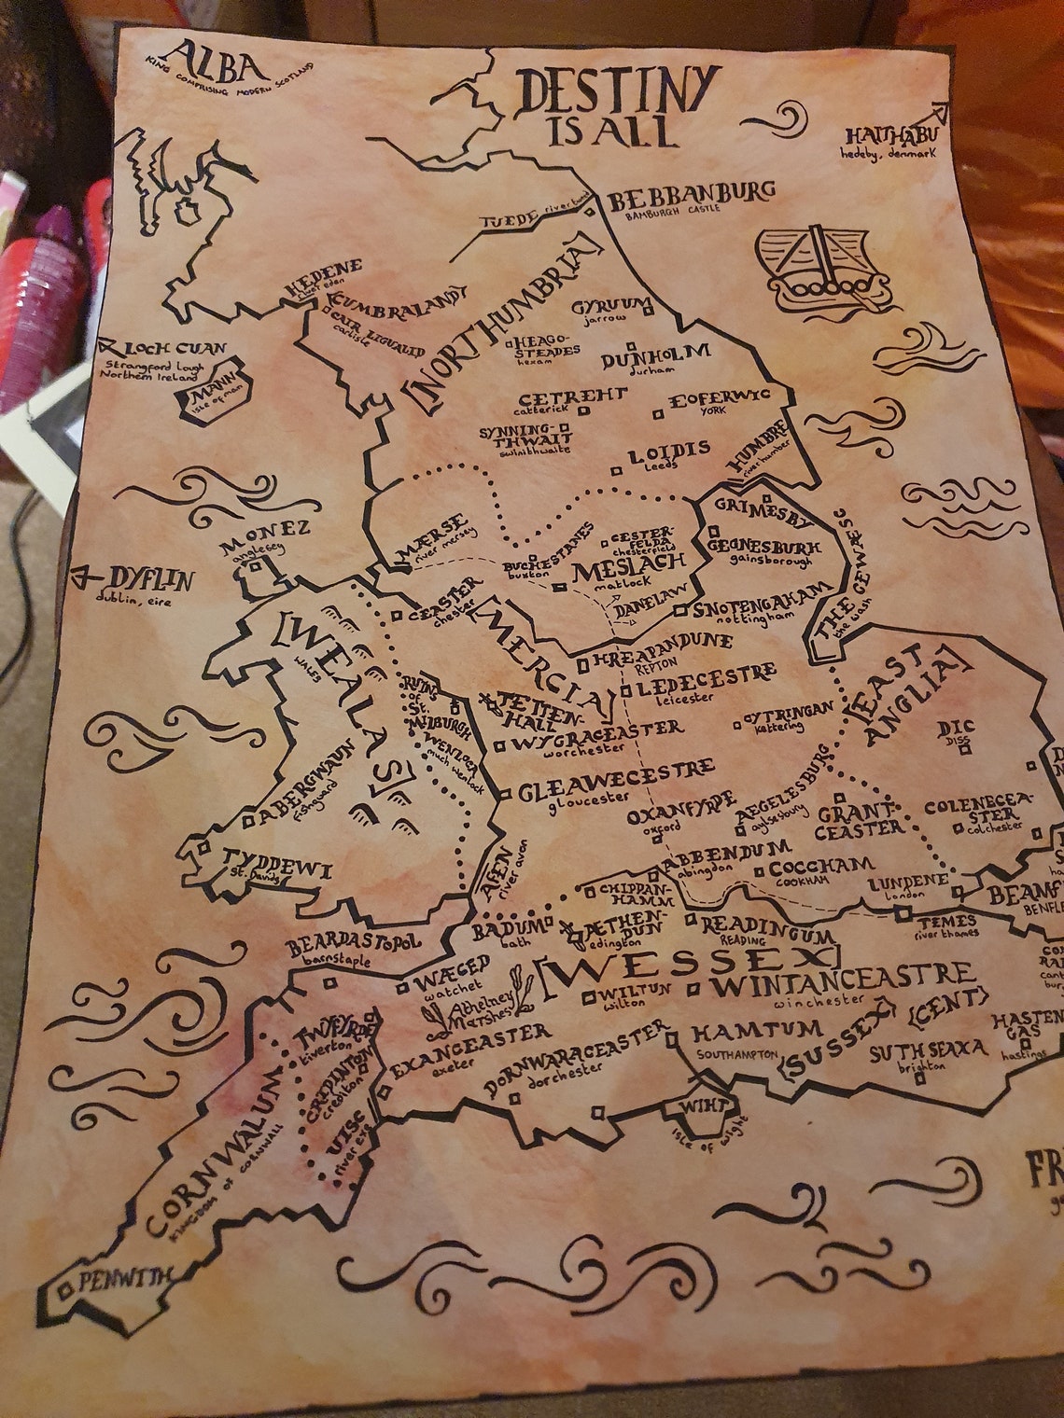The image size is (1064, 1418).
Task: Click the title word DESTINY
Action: tap(618, 90)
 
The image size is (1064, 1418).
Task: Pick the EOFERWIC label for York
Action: tap(720, 398)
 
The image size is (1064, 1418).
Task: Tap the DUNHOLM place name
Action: tap(655, 355)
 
